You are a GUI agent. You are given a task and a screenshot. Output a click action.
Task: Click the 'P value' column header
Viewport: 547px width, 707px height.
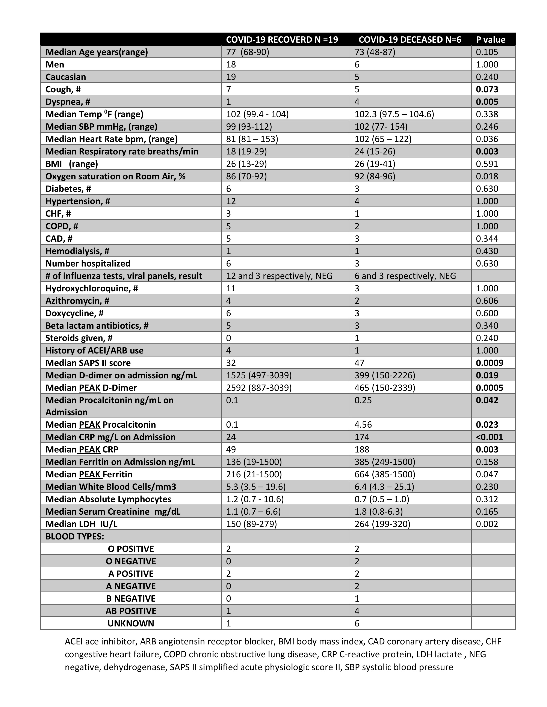tap(490, 39)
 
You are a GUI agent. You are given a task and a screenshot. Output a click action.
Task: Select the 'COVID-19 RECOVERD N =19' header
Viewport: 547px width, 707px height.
tap(282, 39)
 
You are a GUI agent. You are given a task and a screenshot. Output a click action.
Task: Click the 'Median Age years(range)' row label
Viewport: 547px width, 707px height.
tap(97, 52)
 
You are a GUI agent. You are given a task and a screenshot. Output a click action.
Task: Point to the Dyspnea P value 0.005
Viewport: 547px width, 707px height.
tap(487, 102)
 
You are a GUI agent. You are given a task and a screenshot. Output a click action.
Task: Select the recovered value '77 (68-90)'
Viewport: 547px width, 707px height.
tap(248, 52)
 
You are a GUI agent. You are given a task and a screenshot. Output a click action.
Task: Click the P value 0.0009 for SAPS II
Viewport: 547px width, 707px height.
tap(489, 363)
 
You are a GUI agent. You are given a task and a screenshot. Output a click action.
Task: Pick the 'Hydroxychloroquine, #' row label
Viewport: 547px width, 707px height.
tap(92, 288)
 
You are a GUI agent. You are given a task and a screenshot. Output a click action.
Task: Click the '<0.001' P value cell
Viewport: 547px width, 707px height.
tap(489, 437)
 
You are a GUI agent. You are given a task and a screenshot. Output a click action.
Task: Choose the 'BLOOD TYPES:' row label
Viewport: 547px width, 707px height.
tap(74, 536)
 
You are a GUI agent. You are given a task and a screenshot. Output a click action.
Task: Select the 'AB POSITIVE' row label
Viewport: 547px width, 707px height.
tap(131, 611)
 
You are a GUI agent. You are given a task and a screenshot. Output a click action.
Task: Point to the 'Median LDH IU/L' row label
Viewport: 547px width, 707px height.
tap(81, 524)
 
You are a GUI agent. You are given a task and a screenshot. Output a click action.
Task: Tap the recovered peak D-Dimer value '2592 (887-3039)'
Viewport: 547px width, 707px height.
tap(259, 388)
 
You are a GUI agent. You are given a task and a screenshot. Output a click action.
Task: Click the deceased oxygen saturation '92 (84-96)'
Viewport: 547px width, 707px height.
tap(375, 176)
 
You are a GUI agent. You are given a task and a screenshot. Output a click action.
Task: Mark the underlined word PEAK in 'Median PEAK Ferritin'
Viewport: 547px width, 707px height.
tap(90, 474)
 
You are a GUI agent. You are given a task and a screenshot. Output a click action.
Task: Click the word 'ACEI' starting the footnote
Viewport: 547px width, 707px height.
tap(74, 641)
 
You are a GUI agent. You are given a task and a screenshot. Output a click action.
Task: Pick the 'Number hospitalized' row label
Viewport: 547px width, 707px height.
tap(88, 264)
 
